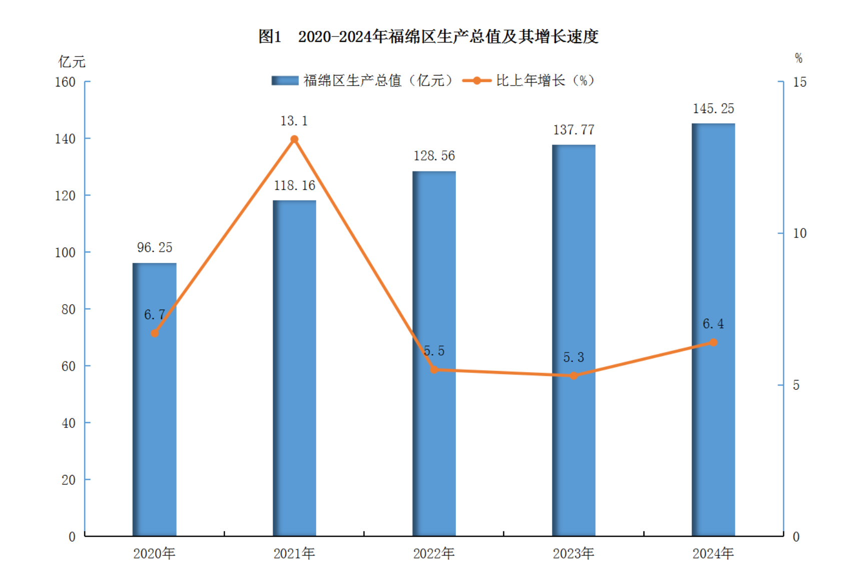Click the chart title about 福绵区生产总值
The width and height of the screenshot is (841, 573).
(x=428, y=36)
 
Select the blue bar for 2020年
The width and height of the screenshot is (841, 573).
(x=155, y=425)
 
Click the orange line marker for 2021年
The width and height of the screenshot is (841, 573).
(x=294, y=139)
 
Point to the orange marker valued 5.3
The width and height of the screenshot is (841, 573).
(x=574, y=375)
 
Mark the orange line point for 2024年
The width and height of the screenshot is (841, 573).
(x=713, y=342)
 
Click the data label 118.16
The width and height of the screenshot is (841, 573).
(x=294, y=185)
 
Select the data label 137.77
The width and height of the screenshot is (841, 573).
(x=574, y=130)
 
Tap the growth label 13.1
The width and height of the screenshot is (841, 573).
(x=294, y=121)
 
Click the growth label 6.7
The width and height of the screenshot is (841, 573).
(x=155, y=314)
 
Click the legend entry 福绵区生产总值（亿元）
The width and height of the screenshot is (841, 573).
(x=363, y=80)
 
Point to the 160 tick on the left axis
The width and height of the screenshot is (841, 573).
(x=65, y=82)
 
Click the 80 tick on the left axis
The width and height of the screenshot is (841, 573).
(x=69, y=309)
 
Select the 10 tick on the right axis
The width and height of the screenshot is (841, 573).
(x=799, y=233)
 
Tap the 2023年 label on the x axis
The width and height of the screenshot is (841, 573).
(x=573, y=553)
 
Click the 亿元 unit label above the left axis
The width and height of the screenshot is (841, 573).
(x=72, y=62)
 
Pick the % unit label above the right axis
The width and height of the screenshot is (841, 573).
(x=798, y=58)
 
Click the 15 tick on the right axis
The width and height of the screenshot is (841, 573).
(x=799, y=82)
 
